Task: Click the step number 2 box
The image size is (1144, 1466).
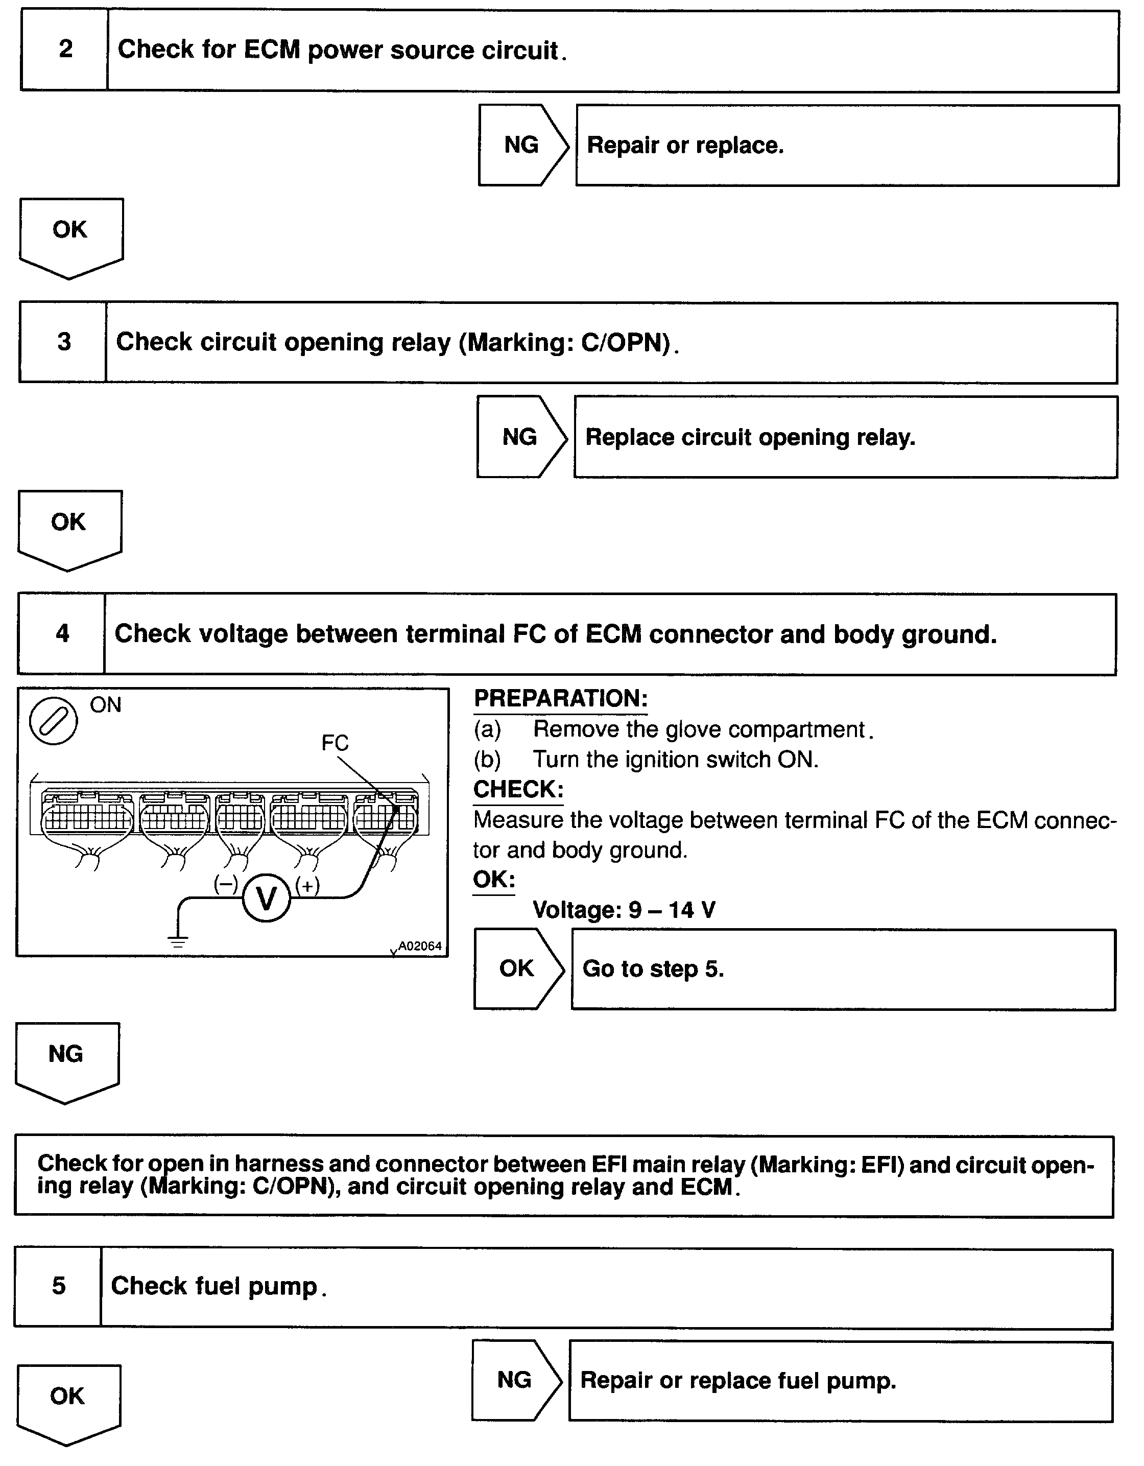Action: [x=64, y=49]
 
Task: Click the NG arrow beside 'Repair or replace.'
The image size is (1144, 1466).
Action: [x=522, y=145]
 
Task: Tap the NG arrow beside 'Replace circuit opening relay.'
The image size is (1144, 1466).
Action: [x=520, y=437]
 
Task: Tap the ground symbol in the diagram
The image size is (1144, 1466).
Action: [x=178, y=942]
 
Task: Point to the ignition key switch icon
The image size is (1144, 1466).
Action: [x=54, y=721]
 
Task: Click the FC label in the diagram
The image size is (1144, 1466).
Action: [x=335, y=742]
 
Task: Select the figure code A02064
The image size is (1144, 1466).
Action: [x=419, y=946]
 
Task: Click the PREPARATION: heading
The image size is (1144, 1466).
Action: [x=561, y=698]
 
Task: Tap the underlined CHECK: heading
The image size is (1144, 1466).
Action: [x=518, y=789]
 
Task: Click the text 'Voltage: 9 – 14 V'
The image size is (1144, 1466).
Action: [x=624, y=910]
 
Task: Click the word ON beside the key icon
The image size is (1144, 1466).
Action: [x=105, y=705]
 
